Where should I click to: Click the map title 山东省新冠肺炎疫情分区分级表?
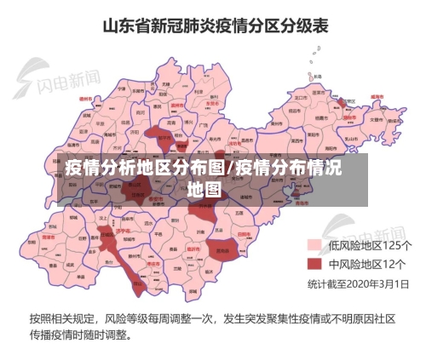pos(214,26)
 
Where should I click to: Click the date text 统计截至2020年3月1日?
pos(358,283)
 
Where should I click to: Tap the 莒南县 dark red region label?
pos(223,252)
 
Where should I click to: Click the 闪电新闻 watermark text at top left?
pos(68,82)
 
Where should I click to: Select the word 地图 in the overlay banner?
pos(204,188)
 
